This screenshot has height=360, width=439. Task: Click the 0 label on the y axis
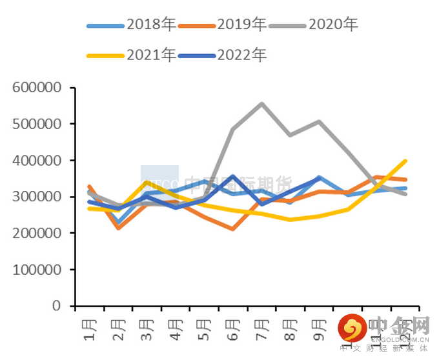pos(58,306)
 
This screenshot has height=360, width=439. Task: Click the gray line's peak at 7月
pos(261,103)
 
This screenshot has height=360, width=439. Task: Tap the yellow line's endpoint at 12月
pos(405,161)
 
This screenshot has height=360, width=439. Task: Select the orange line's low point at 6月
pos(233,228)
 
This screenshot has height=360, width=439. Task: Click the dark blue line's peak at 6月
pos(233,175)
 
